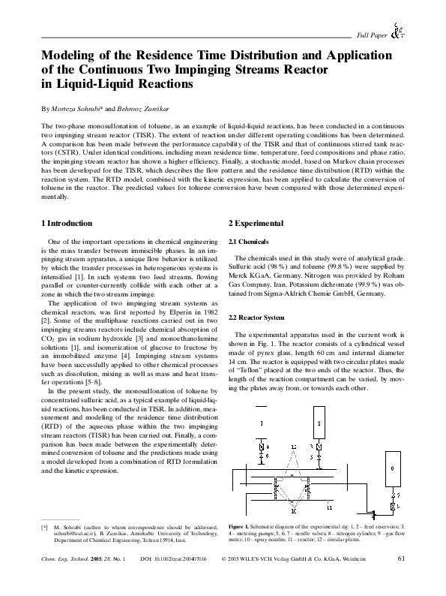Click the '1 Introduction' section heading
(x=66, y=224)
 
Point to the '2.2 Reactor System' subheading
(x=256, y=318)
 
